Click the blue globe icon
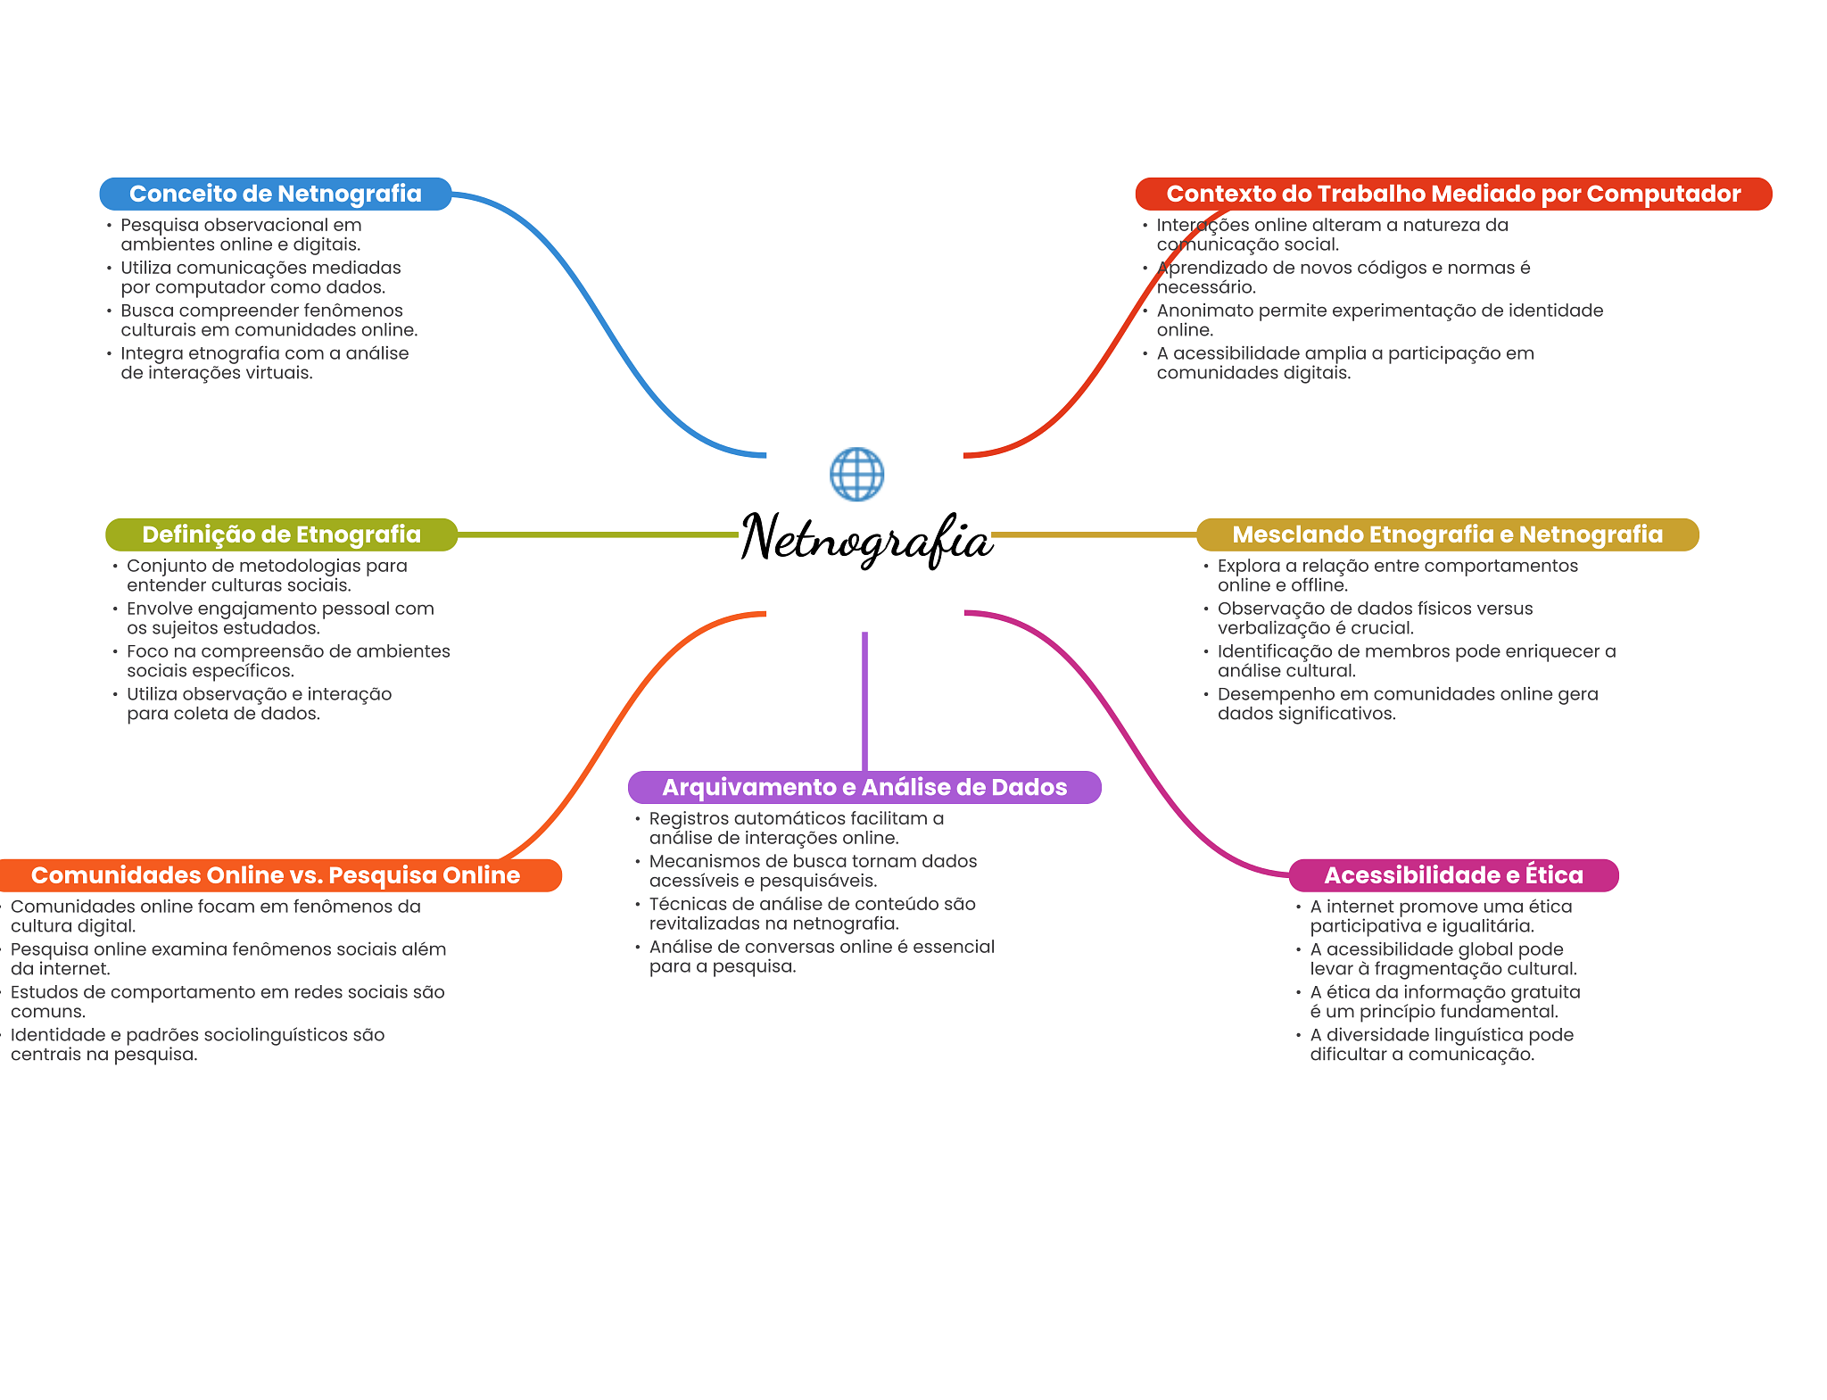click(x=856, y=474)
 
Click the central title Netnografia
click(x=866, y=538)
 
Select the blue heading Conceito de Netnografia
click(x=275, y=194)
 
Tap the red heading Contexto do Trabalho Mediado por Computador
click(x=1453, y=194)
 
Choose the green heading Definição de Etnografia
click(x=281, y=534)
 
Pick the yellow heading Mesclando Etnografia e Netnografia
click(x=1447, y=534)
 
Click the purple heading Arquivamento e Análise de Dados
click(x=864, y=787)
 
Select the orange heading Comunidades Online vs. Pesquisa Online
click(x=276, y=875)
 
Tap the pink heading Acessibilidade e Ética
click(x=1453, y=875)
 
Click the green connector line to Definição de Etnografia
click(x=598, y=534)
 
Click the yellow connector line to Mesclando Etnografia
click(x=1093, y=534)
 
